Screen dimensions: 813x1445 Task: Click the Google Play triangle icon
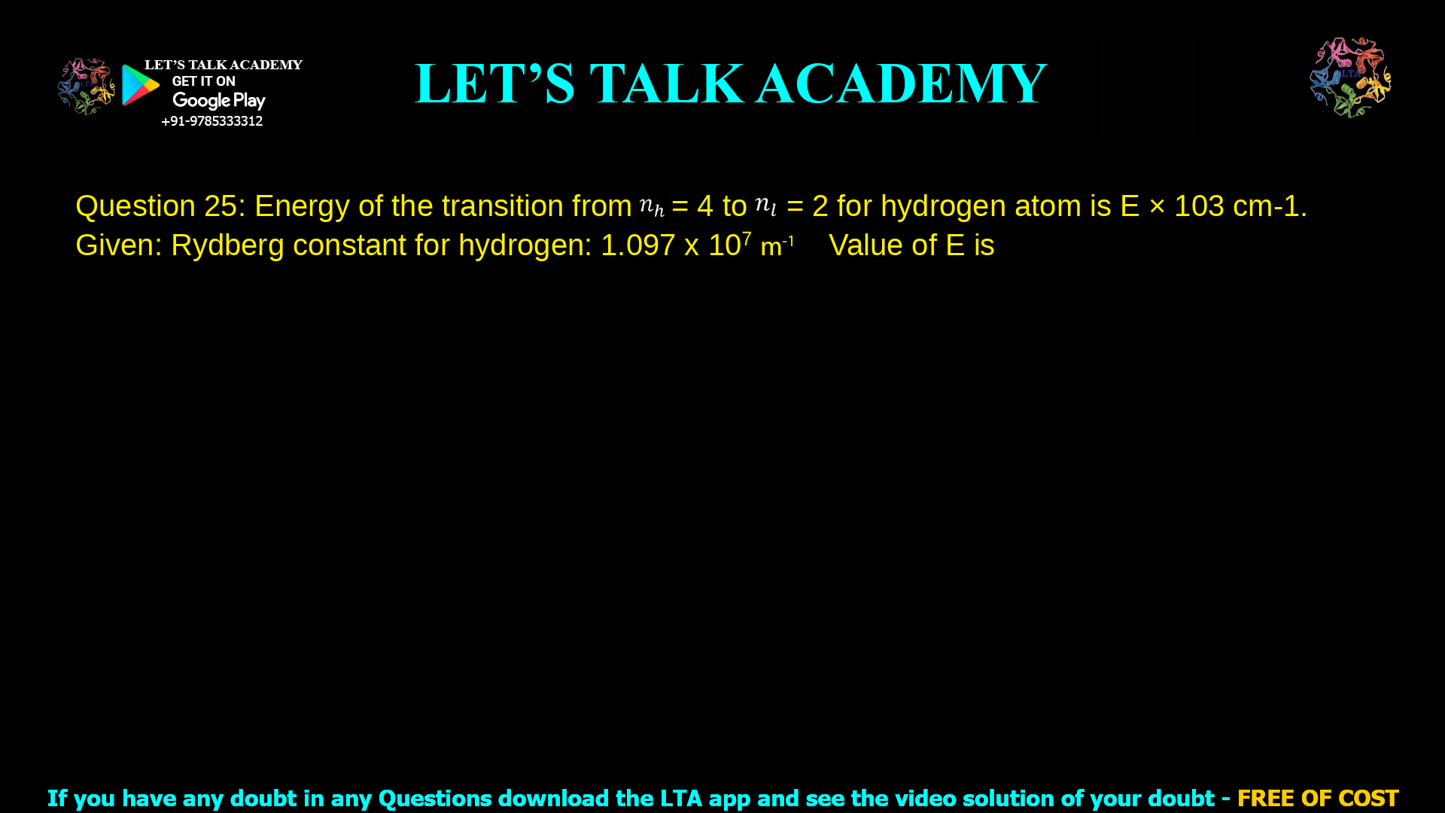(140, 85)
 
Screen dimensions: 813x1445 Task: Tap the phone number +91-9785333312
(211, 121)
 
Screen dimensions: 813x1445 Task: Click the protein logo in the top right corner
(1350, 77)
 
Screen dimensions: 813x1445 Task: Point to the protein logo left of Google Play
(87, 87)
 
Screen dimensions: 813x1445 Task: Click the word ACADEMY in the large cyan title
(901, 84)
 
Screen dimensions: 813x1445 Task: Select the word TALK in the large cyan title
(667, 84)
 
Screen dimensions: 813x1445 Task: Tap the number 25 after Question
(221, 206)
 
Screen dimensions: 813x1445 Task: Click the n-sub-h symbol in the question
(652, 206)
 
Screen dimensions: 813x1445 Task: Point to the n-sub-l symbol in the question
(765, 206)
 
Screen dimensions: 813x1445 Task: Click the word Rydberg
(227, 245)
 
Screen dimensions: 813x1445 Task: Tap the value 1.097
(637, 245)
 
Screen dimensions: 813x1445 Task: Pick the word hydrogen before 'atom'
(943, 206)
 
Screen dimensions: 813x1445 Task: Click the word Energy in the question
(302, 206)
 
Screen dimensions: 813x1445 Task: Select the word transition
(502, 206)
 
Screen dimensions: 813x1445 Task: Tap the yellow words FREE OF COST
(1317, 798)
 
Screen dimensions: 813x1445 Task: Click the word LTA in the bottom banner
(682, 798)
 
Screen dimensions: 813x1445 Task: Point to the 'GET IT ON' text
(203, 81)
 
